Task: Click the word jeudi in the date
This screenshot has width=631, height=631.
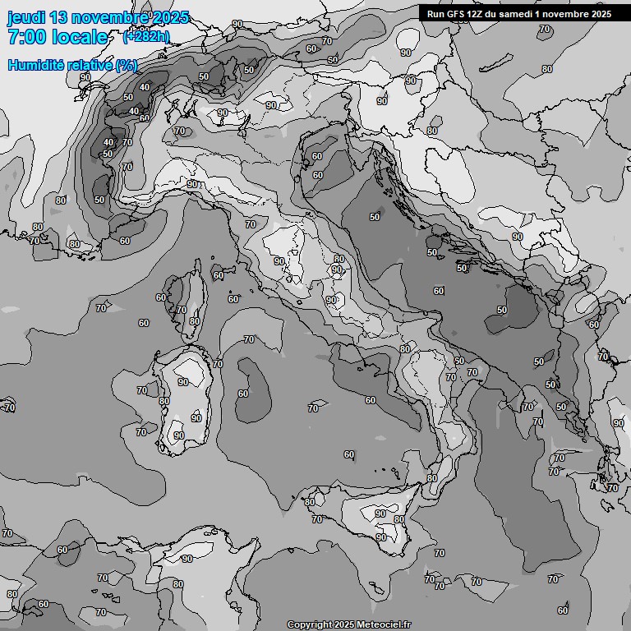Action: [x=25, y=18]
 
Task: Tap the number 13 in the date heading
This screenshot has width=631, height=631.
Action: [x=60, y=18]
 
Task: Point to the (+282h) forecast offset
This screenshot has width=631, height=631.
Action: [x=147, y=36]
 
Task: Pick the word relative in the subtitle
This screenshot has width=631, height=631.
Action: [x=85, y=65]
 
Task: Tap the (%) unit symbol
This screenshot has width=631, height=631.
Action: [x=127, y=65]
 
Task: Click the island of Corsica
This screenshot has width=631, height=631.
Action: [x=188, y=300]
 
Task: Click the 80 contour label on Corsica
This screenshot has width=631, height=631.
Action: [x=194, y=321]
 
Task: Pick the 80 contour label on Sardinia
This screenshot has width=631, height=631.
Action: [x=164, y=402]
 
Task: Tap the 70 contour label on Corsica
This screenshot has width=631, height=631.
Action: [x=182, y=310]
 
